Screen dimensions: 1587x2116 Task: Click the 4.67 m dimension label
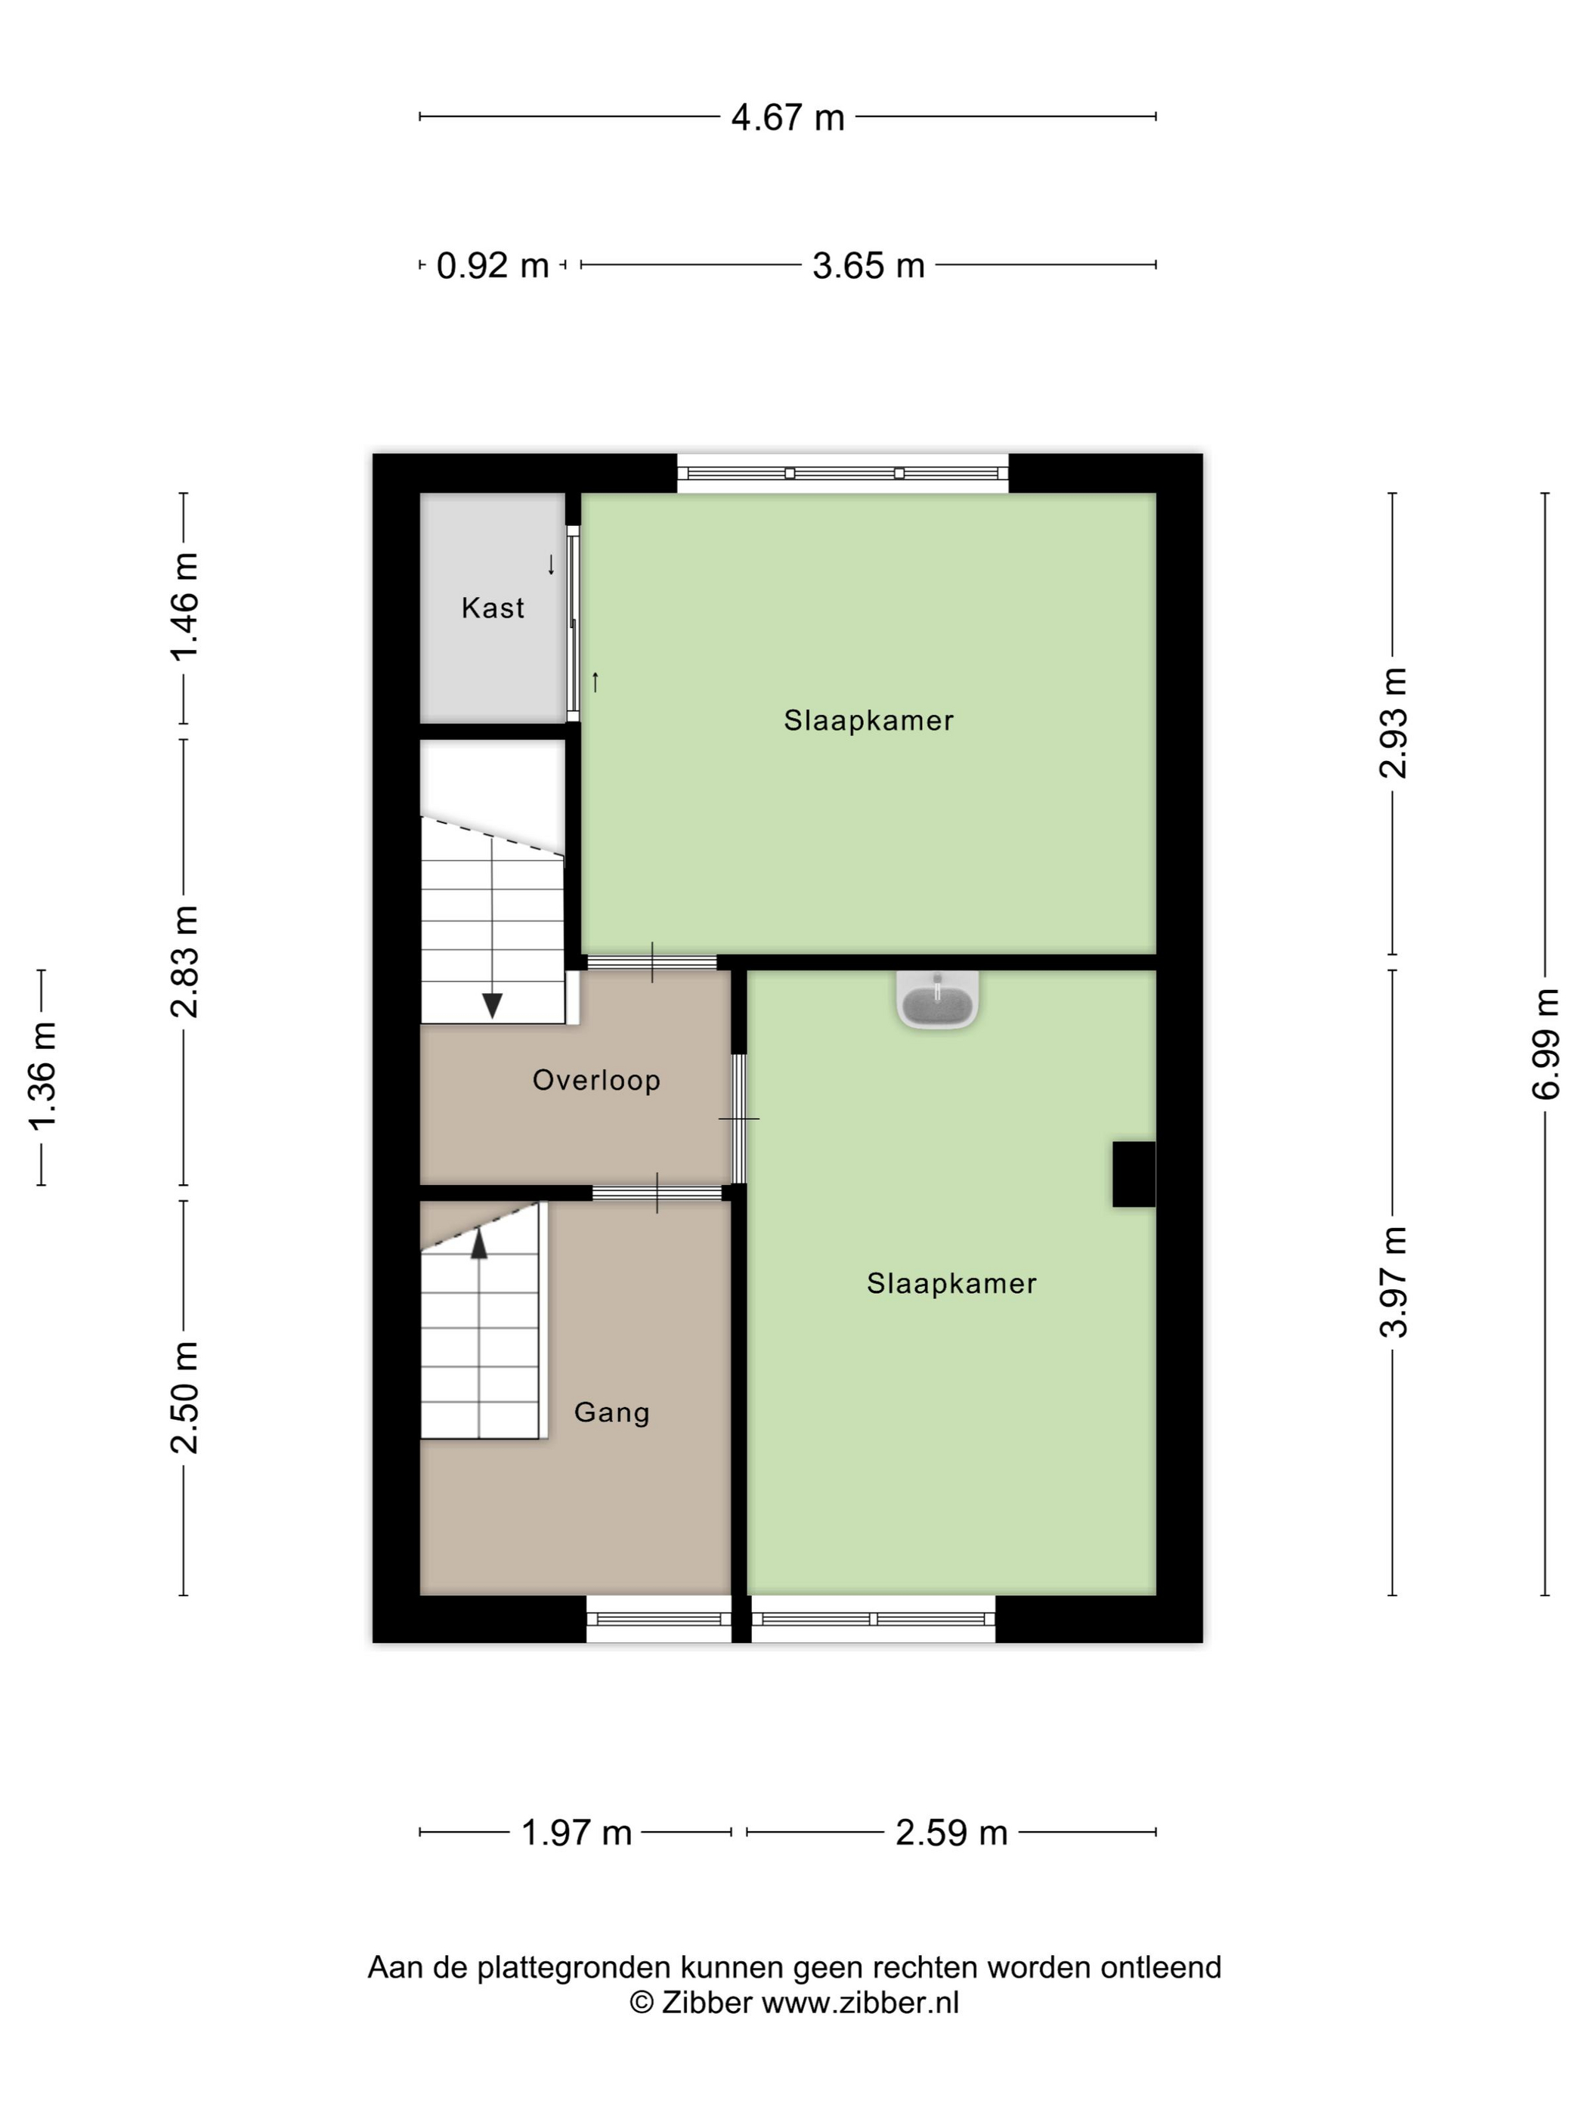[787, 118]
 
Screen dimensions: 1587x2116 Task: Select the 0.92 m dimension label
[493, 265]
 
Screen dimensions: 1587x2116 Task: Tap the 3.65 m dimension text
[868, 265]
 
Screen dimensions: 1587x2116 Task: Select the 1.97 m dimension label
[576, 1833]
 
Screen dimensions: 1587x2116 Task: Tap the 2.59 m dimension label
[951, 1833]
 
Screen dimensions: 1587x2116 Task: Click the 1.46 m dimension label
[184, 607]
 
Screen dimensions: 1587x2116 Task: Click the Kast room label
[493, 608]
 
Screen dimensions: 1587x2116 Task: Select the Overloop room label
[596, 1080]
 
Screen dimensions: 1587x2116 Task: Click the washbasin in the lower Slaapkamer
[938, 1001]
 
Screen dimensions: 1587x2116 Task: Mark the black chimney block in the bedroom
[1134, 1174]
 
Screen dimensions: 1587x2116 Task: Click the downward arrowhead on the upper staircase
[492, 1005]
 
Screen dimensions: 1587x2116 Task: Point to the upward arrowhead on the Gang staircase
[478, 1244]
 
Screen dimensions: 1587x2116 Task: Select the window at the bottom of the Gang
[658, 1619]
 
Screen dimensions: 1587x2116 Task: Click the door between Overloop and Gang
[657, 1193]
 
